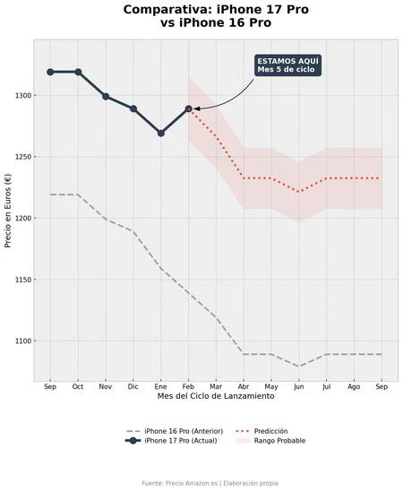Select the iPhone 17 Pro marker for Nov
106,96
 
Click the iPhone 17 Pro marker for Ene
161,133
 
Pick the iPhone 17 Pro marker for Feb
189,108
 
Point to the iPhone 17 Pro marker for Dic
133,108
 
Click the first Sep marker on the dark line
50,72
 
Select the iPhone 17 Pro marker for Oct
78,72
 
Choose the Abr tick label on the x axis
244,386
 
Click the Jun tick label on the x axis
299,386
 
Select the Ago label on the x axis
354,386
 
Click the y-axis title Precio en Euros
8,211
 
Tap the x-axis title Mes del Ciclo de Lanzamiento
216,396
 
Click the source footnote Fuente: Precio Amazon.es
210,483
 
